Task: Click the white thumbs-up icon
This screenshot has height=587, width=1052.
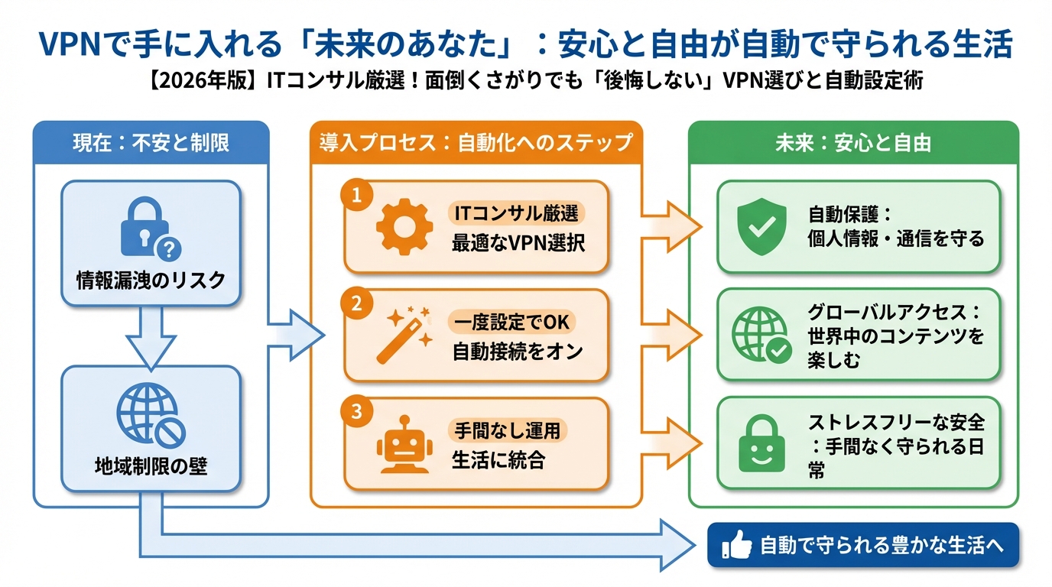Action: (736, 546)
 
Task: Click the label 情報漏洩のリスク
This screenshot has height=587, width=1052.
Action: (151, 281)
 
